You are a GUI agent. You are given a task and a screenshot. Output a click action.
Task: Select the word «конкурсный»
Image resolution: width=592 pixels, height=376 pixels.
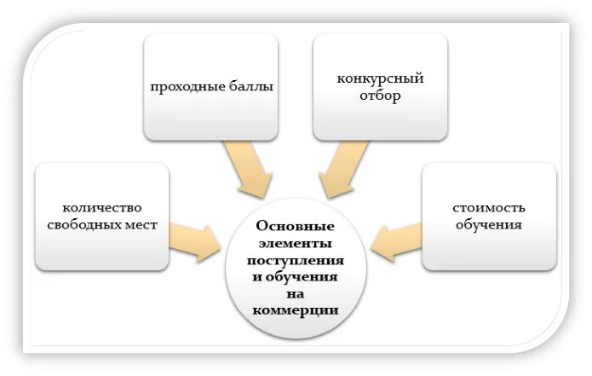(x=380, y=79)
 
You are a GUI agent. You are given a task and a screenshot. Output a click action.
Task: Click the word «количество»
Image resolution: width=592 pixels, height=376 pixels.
(x=101, y=209)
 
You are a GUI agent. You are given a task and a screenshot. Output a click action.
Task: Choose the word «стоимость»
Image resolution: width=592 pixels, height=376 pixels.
(x=489, y=209)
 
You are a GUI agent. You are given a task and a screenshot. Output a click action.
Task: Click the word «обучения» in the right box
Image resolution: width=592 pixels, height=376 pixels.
(x=489, y=225)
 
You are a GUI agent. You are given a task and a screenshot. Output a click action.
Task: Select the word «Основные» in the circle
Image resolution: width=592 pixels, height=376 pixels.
(x=296, y=226)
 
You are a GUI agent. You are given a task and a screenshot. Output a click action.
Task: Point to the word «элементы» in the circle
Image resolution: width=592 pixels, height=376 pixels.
(x=296, y=242)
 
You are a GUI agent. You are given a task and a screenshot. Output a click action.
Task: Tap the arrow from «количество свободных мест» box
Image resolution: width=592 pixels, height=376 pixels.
(x=196, y=238)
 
